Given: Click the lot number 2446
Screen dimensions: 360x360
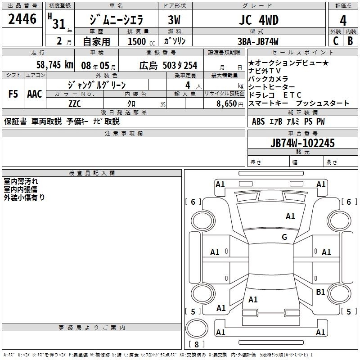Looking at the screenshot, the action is click(22, 19).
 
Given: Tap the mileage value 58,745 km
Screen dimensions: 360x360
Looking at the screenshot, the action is click(55, 65).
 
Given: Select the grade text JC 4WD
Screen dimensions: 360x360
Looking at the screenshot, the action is click(259, 20).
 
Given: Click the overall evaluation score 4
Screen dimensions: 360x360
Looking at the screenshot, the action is click(343, 21).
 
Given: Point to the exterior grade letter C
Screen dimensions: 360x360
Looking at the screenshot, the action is click(336, 41).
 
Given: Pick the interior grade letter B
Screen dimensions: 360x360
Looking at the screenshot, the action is click(351, 41).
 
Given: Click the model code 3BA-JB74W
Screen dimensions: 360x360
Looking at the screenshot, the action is click(258, 41).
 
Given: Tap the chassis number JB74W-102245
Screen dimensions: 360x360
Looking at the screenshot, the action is click(302, 143).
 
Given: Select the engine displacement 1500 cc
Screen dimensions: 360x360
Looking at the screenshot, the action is click(141, 41).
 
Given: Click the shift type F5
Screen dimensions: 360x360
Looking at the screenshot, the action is click(13, 94).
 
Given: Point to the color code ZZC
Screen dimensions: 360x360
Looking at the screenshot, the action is click(75, 104).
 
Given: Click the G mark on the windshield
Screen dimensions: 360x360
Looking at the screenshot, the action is click(284, 237).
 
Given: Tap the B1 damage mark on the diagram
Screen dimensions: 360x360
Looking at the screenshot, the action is click(320, 292).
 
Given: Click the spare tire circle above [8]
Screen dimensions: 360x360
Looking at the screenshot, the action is click(197, 328).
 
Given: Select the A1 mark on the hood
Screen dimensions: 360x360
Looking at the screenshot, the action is click(290, 216).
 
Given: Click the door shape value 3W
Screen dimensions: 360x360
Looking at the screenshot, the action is click(174, 20).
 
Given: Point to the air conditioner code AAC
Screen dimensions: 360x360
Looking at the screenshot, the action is click(35, 94).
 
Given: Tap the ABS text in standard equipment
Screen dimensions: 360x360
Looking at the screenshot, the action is click(258, 121).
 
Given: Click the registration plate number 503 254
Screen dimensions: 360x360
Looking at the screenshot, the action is click(180, 65).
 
